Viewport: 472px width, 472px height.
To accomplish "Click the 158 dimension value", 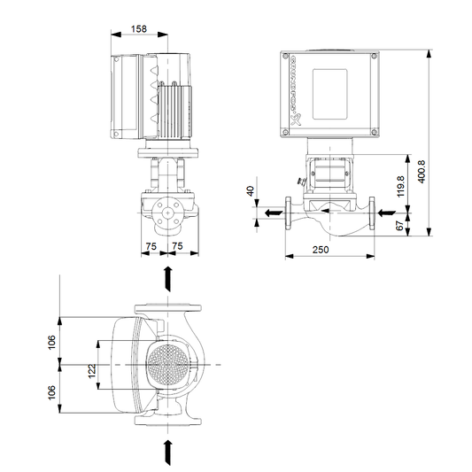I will [139, 28].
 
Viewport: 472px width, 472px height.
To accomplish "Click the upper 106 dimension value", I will [51, 341].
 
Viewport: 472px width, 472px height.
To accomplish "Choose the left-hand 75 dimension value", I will [152, 247].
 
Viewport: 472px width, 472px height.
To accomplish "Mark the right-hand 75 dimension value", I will [179, 247].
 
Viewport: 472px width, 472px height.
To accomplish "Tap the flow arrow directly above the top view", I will [168, 279].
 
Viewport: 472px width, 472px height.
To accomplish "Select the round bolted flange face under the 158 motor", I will [166, 211].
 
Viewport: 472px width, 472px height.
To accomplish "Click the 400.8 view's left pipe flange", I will [289, 213].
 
